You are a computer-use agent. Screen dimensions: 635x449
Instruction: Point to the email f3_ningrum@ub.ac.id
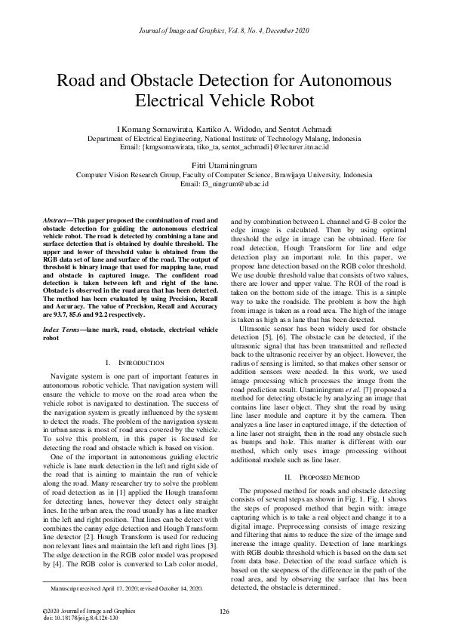coord(224,183)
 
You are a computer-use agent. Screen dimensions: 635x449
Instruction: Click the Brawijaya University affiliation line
coord(224,173)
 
